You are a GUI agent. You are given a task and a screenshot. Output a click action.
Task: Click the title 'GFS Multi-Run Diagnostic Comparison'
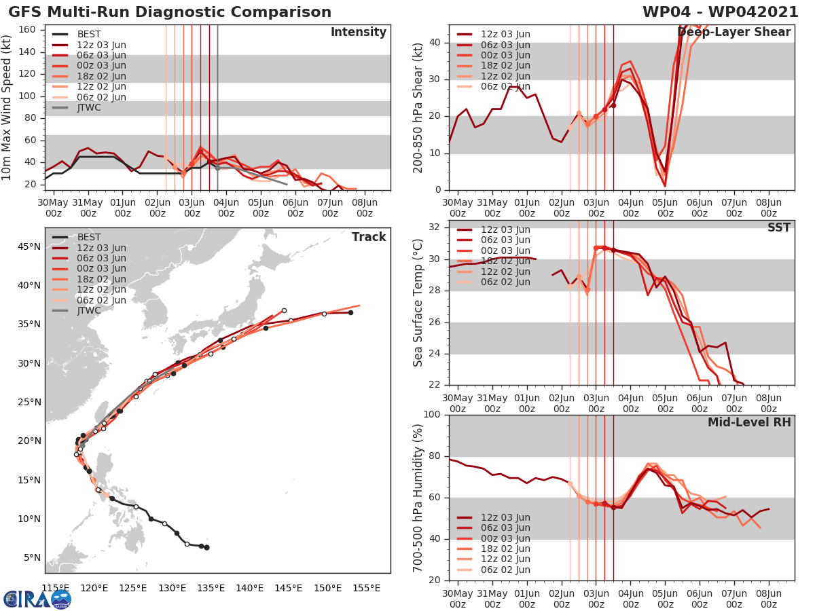click(x=170, y=12)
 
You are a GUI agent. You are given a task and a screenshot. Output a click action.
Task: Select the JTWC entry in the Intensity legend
click(x=89, y=107)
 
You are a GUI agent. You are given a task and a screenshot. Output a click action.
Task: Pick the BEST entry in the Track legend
click(x=89, y=237)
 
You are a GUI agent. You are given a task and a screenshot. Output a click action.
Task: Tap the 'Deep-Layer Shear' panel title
click(x=733, y=33)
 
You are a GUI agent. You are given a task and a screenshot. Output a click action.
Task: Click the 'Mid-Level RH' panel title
click(x=749, y=422)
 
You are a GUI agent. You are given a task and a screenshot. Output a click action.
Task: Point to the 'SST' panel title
click(x=780, y=227)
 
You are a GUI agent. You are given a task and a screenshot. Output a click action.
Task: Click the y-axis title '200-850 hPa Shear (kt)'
click(x=418, y=108)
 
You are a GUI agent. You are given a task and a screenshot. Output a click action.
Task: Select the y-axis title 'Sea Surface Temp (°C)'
click(x=418, y=302)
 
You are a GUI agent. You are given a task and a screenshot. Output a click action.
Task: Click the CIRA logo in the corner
click(x=37, y=599)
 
